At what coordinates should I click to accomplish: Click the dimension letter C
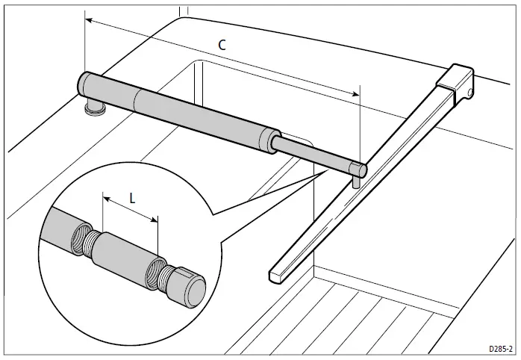[222, 45]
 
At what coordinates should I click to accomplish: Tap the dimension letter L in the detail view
[132, 199]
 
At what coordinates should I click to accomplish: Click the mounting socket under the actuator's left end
[95, 109]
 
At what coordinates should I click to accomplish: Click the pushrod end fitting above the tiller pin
[357, 167]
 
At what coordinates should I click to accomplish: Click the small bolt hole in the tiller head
[470, 92]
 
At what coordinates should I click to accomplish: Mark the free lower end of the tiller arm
[275, 276]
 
